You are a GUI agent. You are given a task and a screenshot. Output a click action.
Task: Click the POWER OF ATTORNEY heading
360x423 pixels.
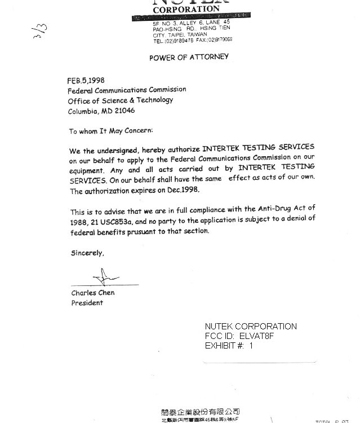coord(189,58)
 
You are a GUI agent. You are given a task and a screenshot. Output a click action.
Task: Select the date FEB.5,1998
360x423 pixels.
coord(86,81)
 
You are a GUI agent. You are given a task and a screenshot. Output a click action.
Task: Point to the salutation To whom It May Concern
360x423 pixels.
coord(110,131)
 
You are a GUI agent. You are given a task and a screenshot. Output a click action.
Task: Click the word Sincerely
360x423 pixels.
coord(87,253)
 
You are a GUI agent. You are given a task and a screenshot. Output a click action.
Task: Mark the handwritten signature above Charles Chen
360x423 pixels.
coord(106,277)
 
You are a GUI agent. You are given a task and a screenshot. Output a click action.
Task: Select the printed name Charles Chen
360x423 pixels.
coord(92,293)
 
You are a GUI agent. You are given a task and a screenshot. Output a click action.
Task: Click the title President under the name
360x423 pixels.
coord(87,303)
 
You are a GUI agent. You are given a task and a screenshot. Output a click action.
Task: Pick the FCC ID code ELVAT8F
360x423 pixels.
coord(256,336)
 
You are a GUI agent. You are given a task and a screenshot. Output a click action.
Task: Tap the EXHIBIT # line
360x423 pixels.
coord(229,346)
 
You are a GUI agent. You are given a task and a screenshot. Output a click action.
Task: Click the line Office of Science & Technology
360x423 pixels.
coord(120,100)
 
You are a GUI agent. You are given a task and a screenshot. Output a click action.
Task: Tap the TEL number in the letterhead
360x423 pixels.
coord(174,41)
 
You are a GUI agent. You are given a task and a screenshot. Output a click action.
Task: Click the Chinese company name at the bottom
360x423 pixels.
coord(200,412)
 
